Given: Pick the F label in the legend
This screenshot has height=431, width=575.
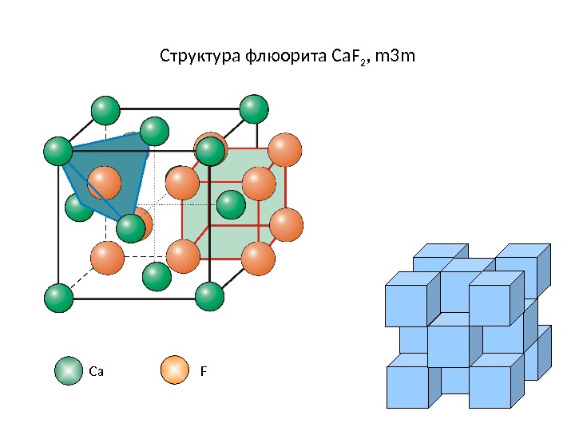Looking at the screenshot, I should [204, 371].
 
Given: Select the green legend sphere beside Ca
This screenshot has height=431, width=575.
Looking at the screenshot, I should [69, 370].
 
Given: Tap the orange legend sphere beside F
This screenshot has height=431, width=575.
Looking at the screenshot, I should [175, 370].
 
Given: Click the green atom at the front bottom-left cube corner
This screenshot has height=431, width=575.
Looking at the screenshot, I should [57, 298].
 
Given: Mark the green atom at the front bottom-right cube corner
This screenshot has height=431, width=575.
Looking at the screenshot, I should [210, 296].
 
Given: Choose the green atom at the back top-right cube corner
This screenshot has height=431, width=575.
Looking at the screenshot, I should [254, 109].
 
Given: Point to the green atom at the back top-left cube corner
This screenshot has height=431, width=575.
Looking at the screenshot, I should [105, 110].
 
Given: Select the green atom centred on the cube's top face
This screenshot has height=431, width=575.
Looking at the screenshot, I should [154, 131].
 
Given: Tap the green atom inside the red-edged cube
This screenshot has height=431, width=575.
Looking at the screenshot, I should [231, 205].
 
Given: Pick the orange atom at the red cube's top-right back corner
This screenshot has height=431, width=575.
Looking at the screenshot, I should [285, 149].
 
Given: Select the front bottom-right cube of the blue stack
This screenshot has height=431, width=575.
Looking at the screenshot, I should [490, 386].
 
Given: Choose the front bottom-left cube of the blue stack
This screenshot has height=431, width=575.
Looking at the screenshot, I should [406, 386].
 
